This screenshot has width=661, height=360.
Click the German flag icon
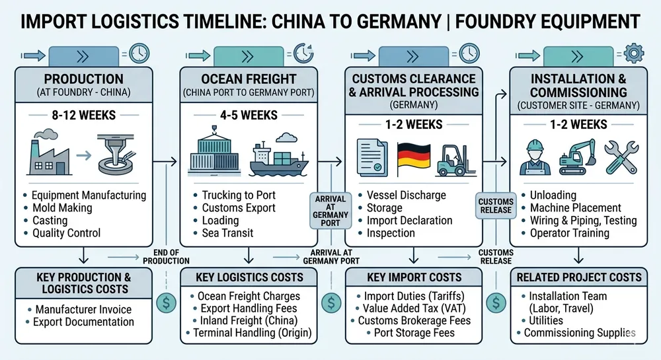[x=413, y=158]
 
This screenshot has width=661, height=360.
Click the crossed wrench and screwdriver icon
[x=621, y=157]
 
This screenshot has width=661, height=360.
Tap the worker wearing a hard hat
[x=535, y=157]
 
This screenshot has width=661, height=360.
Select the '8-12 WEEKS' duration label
[x=83, y=116]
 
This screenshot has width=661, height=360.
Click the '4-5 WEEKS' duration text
[x=249, y=116]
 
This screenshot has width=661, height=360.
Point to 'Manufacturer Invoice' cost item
[x=83, y=309]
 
